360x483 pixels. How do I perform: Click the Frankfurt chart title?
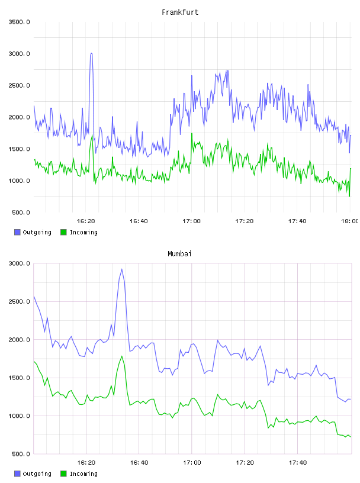pyautogui.click(x=180, y=12)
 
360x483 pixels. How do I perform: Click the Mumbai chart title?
pyautogui.click(x=179, y=254)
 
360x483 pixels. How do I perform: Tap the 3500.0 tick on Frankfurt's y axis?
pyautogui.click(x=20, y=22)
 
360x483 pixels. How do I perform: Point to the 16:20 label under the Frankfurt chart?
pyautogui.click(x=86, y=221)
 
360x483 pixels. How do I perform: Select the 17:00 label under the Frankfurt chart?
pyautogui.click(x=191, y=221)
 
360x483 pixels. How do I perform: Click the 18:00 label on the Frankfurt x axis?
pyautogui.click(x=350, y=221)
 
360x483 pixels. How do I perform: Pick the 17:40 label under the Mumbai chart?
pyautogui.click(x=298, y=462)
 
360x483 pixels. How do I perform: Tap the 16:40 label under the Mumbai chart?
pyautogui.click(x=139, y=462)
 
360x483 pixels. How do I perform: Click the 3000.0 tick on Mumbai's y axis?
pyautogui.click(x=20, y=263)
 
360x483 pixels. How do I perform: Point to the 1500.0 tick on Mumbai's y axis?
pyautogui.click(x=20, y=378)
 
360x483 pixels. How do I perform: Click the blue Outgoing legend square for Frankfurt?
pyautogui.click(x=17, y=232)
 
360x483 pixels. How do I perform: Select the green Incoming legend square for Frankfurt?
pyautogui.click(x=63, y=232)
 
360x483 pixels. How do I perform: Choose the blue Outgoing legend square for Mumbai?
pyautogui.click(x=17, y=474)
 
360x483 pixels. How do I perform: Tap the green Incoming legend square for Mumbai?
pyautogui.click(x=63, y=474)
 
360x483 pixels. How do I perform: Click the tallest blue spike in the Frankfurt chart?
pyautogui.click(x=91, y=54)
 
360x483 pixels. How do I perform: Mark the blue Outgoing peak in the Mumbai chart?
pyautogui.click(x=122, y=269)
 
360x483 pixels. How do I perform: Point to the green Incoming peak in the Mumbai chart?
pyautogui.click(x=122, y=356)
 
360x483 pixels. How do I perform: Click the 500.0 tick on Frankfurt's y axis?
pyautogui.click(x=20, y=212)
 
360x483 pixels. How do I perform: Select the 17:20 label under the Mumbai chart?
pyautogui.click(x=245, y=462)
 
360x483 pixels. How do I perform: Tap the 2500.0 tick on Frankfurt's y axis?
pyautogui.click(x=20, y=85)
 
